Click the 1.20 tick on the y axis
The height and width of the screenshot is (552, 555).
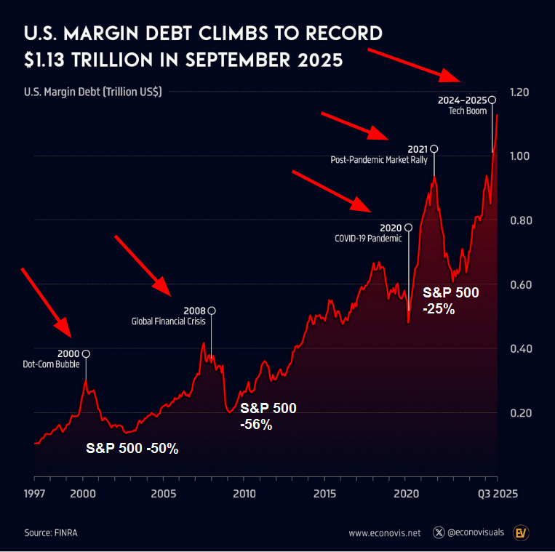tap(519, 92)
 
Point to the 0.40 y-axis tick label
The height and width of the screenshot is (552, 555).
tap(519, 348)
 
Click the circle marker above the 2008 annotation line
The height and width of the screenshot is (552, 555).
tap(212, 311)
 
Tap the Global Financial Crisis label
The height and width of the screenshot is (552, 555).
tap(168, 320)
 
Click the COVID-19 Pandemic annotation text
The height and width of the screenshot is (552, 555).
tap(368, 237)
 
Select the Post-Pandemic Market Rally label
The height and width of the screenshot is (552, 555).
tap(380, 159)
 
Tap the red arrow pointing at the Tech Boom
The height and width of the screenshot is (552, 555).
tap(414, 65)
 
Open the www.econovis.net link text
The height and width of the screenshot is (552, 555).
tap(385, 533)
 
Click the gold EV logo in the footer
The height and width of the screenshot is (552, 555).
tap(521, 532)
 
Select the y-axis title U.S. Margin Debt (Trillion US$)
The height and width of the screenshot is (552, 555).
tap(93, 92)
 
